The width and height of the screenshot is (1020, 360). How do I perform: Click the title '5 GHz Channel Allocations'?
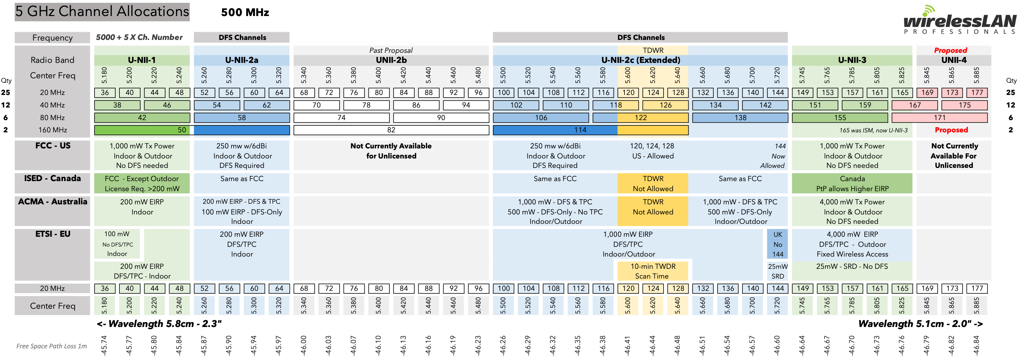tap(102, 12)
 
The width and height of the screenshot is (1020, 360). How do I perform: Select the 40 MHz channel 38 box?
tap(117, 105)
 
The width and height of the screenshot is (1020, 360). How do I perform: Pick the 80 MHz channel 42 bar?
tap(142, 118)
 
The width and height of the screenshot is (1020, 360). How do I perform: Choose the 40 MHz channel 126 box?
tap(665, 105)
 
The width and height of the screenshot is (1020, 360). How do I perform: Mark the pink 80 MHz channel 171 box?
tap(939, 118)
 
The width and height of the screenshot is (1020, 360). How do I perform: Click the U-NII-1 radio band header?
tap(142, 60)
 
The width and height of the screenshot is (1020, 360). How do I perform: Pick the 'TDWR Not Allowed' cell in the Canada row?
tap(653, 183)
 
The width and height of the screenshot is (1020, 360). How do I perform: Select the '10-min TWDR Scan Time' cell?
tap(653, 271)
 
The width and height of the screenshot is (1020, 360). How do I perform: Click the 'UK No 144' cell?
tap(777, 244)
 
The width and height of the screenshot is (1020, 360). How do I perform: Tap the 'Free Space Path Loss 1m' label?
tap(52, 346)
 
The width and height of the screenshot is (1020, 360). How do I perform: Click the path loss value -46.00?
tap(303, 345)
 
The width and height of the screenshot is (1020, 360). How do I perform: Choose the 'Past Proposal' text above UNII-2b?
tap(391, 50)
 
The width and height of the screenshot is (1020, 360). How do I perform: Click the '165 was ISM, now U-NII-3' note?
tap(873, 130)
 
